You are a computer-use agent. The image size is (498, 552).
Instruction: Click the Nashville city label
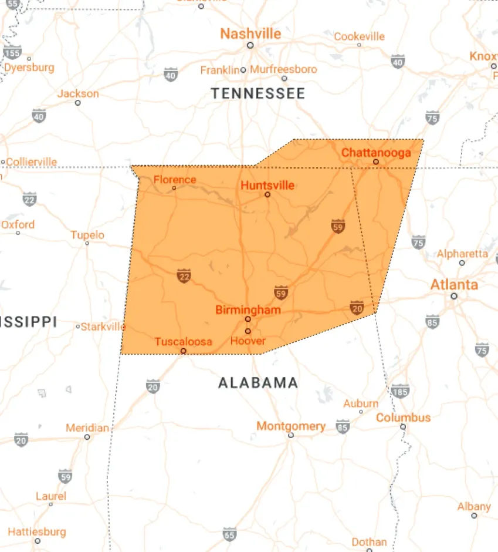250,33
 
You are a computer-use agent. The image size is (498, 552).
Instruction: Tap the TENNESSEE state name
258,93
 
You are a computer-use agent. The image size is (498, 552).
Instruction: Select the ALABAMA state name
258,383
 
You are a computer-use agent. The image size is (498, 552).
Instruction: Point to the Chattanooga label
376,152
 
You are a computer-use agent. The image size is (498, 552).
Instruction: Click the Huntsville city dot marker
267,194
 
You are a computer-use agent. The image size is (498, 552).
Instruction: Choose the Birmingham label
248,309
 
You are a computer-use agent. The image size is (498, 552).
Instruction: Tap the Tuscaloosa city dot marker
184,351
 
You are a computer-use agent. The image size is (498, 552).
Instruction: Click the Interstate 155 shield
12,52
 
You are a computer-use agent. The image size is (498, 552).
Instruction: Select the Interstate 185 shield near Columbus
400,391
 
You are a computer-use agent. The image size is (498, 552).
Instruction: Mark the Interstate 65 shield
230,534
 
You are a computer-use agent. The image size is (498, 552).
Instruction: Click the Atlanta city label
454,285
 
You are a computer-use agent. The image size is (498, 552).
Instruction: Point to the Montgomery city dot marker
291,435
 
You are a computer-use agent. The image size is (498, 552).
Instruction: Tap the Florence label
175,180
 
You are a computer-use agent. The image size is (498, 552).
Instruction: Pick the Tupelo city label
87,235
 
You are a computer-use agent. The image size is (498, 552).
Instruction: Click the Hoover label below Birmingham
248,341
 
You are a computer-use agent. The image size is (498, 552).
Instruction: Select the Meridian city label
87,428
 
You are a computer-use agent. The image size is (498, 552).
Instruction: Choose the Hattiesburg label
37,531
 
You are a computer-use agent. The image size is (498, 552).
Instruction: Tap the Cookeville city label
360,36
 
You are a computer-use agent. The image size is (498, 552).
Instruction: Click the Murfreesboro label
284,69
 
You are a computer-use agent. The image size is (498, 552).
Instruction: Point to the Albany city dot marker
474,516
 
